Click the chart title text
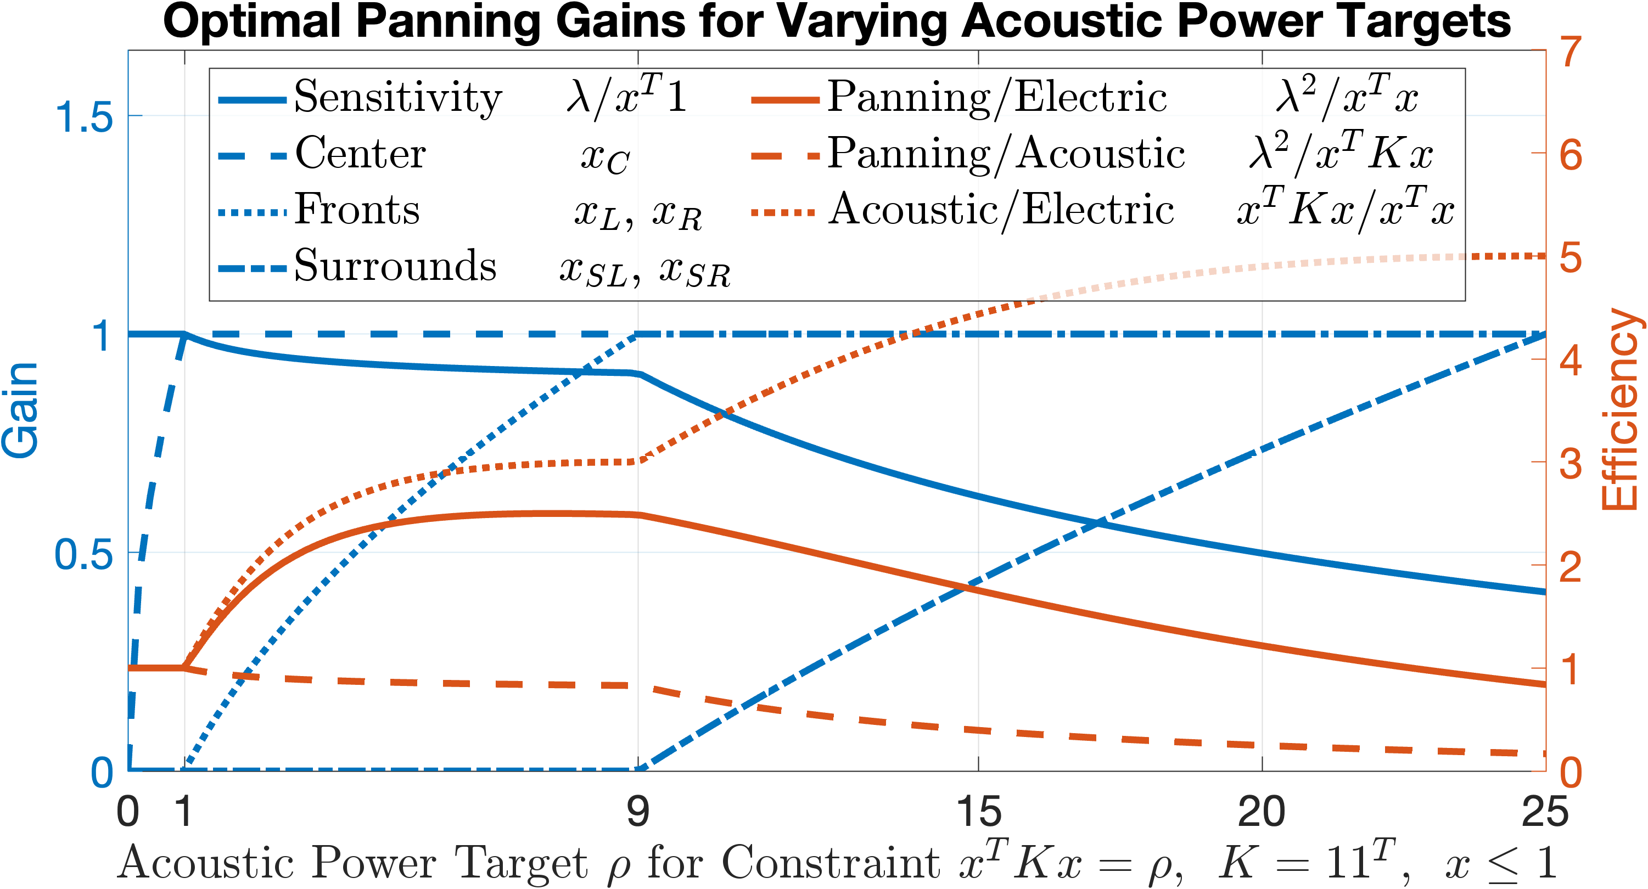837,22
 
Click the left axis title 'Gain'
20,410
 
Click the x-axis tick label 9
638,812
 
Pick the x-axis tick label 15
978,812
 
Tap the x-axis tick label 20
1262,812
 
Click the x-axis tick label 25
1544,812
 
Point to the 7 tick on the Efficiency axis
1571,51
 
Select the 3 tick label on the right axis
1571,463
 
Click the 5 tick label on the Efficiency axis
1571,258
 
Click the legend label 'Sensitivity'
398,97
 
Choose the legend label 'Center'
361,154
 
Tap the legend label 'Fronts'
357,209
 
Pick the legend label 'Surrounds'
395,265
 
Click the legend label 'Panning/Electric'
997,98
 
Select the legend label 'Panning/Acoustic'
1006,154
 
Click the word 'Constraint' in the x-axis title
831,862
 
